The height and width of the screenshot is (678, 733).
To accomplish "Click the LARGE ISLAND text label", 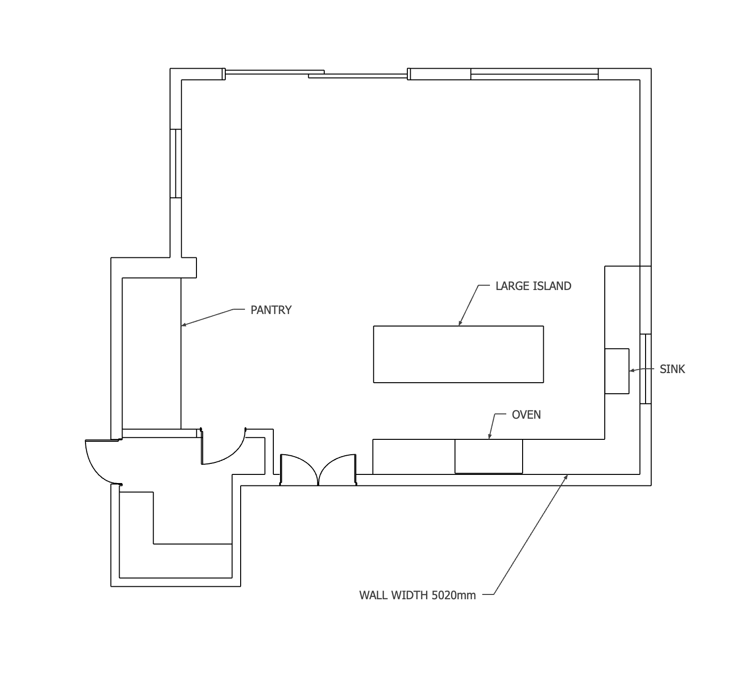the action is click(533, 286).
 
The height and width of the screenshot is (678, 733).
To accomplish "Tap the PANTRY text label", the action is click(271, 310).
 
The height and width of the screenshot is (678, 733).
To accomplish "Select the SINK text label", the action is click(672, 369).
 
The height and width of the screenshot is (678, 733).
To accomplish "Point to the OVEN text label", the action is click(526, 415).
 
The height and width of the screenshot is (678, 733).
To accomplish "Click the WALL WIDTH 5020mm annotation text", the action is click(417, 595).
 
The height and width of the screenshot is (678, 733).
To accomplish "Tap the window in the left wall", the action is click(176, 163).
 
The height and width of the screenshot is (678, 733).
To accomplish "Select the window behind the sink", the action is click(646, 369).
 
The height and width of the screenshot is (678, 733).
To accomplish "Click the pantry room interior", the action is click(151, 353).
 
